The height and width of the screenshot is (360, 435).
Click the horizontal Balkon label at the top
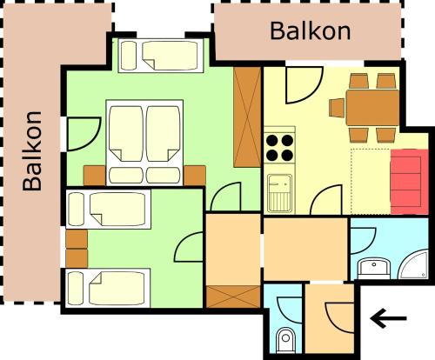point(311,31)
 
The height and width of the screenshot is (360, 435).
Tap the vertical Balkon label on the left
point(32,150)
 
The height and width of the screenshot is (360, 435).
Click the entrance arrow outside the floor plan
point(388,318)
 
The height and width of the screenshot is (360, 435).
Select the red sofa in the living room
point(410,182)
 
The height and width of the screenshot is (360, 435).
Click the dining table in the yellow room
point(372,108)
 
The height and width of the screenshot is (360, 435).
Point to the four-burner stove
point(279,148)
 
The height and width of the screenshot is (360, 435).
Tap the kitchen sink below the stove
point(279,193)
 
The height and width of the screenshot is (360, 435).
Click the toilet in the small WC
point(285,340)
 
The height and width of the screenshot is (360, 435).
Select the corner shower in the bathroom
point(414,264)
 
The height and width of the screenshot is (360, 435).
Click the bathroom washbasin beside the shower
point(374,269)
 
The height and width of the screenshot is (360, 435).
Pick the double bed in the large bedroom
point(144,143)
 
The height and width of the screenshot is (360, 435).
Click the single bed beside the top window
point(161,56)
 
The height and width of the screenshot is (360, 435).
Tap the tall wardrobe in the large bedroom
point(247,117)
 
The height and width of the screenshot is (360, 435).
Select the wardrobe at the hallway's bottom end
point(233,297)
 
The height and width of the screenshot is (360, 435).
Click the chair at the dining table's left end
point(337,108)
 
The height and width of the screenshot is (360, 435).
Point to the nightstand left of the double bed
point(94,176)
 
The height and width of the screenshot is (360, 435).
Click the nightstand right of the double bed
point(195,176)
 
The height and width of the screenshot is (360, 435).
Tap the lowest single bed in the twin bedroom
point(108,288)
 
